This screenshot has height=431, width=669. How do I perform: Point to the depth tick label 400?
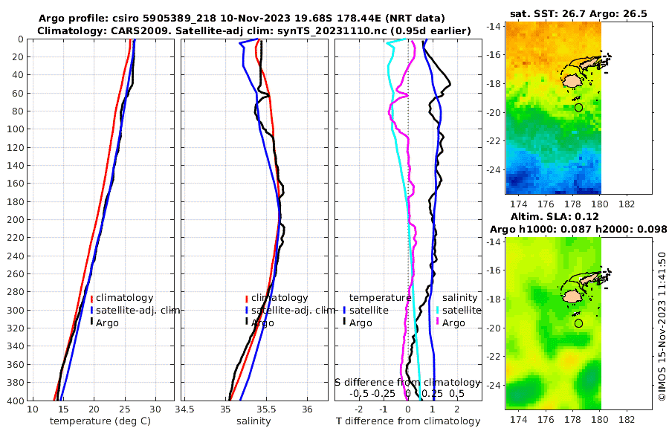(x=16, y=401)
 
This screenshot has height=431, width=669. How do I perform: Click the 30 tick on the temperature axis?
(x=155, y=409)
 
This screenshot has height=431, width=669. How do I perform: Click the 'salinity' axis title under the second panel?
(x=253, y=421)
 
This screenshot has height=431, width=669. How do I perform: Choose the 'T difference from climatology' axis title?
(x=408, y=421)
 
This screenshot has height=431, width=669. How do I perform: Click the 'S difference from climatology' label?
(x=407, y=381)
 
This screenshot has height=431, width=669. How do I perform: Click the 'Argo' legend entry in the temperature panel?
(x=108, y=323)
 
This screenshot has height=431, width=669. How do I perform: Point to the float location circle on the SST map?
(x=578, y=108)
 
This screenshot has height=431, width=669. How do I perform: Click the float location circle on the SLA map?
(x=578, y=323)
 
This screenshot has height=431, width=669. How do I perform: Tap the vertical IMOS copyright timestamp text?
(x=661, y=327)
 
